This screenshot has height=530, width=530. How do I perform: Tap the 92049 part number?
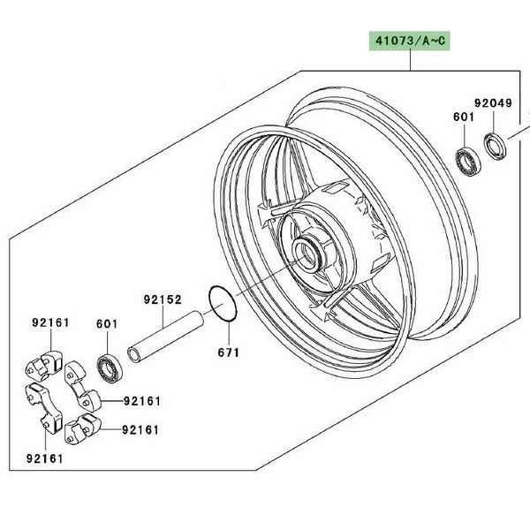(493, 103)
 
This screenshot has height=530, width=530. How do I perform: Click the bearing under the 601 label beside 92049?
(466, 159)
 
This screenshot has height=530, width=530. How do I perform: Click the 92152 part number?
(163, 300)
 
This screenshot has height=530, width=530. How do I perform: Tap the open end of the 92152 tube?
(132, 356)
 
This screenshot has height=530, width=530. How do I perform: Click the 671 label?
(228, 352)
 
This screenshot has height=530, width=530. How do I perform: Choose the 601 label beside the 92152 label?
(106, 324)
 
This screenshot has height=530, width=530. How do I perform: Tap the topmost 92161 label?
(51, 323)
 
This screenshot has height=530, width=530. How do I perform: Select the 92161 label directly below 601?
(142, 401)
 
